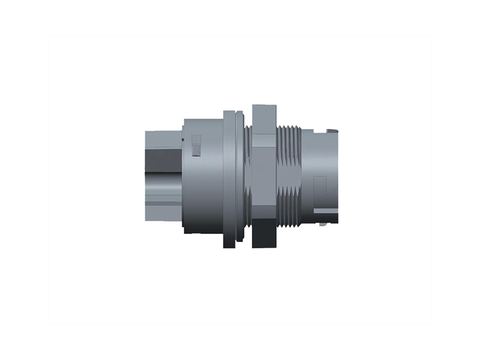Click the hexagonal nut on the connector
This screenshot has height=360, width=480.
click(264, 177)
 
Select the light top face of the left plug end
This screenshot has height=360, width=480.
click(162, 139)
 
